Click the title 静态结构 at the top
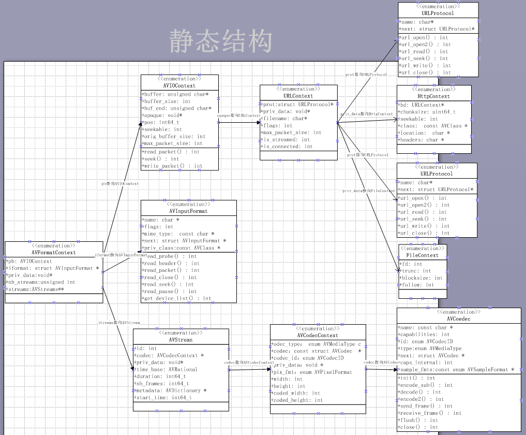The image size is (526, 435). coord(221,41)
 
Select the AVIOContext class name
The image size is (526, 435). coord(179,85)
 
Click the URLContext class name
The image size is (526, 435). coord(298,96)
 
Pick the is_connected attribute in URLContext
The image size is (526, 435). coord(288,147)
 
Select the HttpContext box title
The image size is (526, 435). coord(433,96)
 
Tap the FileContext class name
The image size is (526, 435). coord(423,255)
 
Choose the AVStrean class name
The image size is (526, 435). coord(181,340)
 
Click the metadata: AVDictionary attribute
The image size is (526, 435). coord(170,390)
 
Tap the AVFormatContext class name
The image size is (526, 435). coord(54,253)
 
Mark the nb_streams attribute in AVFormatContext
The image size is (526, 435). coord(41,282)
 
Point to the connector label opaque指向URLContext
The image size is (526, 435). coord(238,115)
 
